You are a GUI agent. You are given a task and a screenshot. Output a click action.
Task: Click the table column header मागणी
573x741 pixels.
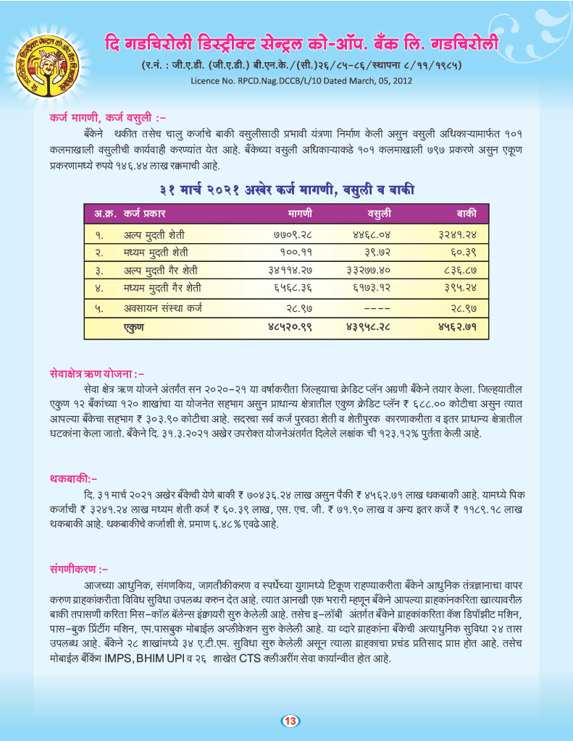coord(299,215)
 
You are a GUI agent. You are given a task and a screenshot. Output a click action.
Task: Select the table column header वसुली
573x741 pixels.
coord(378,215)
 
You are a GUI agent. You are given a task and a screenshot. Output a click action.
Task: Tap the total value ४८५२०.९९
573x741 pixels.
coord(290,327)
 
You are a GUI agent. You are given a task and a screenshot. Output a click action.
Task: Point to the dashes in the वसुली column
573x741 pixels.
coord(376,308)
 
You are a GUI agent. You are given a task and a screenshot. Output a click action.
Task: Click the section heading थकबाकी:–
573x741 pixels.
coord(74,479)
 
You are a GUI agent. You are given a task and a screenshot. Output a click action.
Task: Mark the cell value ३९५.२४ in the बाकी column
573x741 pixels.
coord(461,288)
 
